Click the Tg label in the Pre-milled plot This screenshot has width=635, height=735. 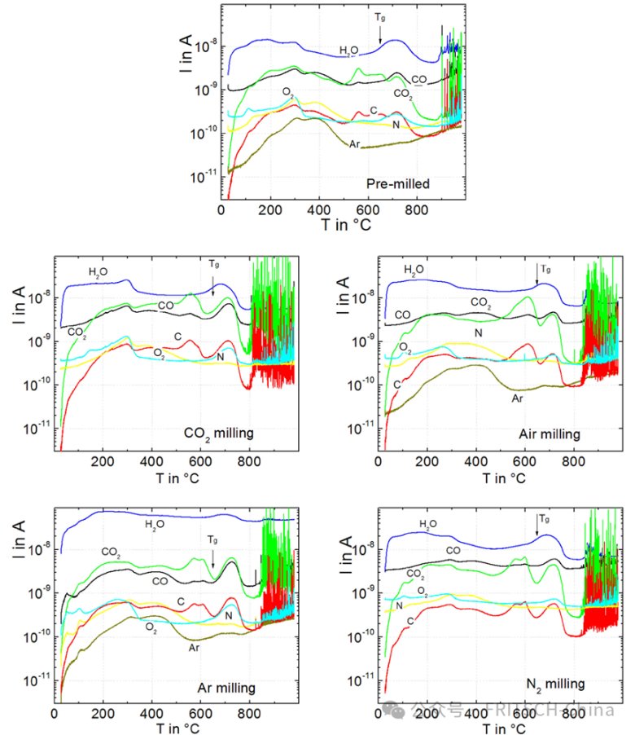click(x=380, y=17)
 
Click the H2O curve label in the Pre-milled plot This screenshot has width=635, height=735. click(x=352, y=51)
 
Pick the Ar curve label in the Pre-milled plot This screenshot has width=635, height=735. click(x=355, y=144)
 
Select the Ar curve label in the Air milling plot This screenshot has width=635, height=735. click(x=518, y=398)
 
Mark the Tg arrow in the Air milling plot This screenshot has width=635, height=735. click(x=537, y=274)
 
